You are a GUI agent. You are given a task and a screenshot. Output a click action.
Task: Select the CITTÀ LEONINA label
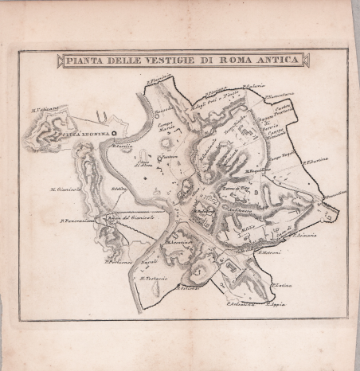(x=85, y=136)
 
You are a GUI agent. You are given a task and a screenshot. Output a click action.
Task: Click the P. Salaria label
(x=254, y=86)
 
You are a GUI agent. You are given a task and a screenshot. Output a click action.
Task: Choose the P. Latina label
(x=282, y=286)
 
